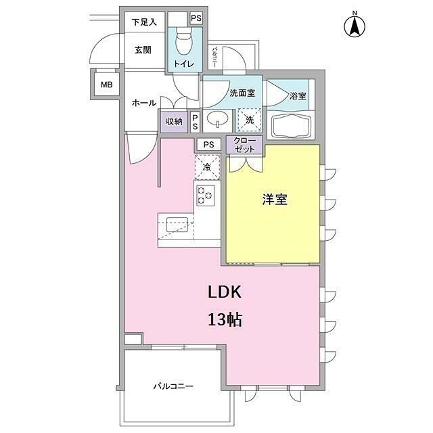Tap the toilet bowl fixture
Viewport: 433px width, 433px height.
(x=184, y=41)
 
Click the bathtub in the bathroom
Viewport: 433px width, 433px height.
(x=291, y=126)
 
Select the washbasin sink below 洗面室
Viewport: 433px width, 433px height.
(x=218, y=120)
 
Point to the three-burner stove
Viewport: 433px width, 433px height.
(x=206, y=196)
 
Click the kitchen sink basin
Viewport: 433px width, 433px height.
(x=177, y=225)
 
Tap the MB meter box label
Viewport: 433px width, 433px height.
(x=107, y=85)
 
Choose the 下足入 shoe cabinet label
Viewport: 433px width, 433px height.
(x=144, y=22)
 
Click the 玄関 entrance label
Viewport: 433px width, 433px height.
(x=143, y=50)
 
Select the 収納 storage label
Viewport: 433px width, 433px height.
(x=174, y=121)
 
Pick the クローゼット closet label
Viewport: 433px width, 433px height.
(x=244, y=145)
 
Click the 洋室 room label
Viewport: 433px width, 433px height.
(x=275, y=200)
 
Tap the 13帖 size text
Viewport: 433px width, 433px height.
(x=225, y=320)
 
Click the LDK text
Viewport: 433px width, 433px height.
(x=225, y=292)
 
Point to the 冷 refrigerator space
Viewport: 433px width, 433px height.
(x=207, y=167)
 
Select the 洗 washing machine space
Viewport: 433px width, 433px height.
(x=250, y=120)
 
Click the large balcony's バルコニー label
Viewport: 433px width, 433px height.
(x=173, y=386)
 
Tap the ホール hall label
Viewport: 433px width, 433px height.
(x=144, y=103)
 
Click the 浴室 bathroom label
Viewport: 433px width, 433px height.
(x=298, y=96)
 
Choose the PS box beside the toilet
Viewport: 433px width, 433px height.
(x=196, y=18)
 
